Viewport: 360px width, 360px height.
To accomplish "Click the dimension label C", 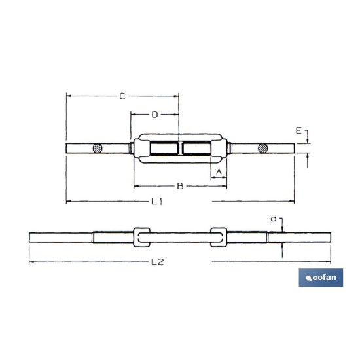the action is click(122, 96).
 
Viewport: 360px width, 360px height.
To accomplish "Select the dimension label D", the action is click(155, 115).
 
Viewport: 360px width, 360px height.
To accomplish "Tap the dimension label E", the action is click(298, 131).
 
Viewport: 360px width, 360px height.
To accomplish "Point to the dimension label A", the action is click(219, 171).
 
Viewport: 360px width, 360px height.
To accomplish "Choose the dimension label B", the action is click(180, 186).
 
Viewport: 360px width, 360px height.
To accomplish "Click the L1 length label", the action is click(157, 202).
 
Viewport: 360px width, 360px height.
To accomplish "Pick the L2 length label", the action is click(158, 262).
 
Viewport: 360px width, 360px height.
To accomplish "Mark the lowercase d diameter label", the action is click(274, 219).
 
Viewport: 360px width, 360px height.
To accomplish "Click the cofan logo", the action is click(321, 278).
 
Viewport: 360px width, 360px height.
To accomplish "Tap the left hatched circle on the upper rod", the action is click(98, 148).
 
